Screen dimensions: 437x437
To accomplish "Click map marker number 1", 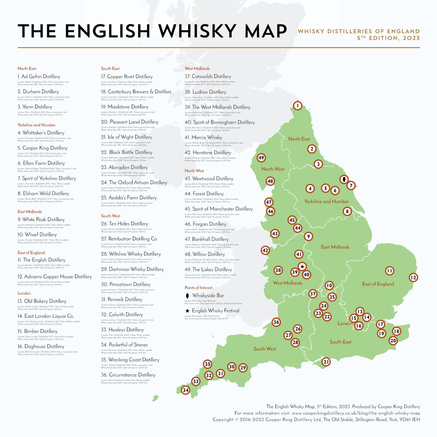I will click(298, 106).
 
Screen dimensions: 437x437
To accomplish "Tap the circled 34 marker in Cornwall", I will click(186, 390).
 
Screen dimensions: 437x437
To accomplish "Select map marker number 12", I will click(413, 277).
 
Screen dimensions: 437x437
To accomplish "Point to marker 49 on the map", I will click(261, 158).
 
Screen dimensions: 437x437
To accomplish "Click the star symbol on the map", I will click(302, 267).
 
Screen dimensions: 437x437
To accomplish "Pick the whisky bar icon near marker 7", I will click(343, 180).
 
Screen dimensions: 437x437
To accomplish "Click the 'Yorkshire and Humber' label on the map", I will click(326, 201).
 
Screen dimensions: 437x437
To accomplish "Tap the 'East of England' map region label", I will click(378, 284).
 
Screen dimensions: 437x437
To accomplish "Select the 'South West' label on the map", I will click(265, 349).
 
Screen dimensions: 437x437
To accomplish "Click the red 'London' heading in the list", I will click(24, 293).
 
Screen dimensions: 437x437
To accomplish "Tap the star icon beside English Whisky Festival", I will click(187, 311).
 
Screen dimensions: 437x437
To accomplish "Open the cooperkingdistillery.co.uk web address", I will click(356, 413).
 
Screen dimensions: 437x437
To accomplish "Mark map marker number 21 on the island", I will click(326, 362).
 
